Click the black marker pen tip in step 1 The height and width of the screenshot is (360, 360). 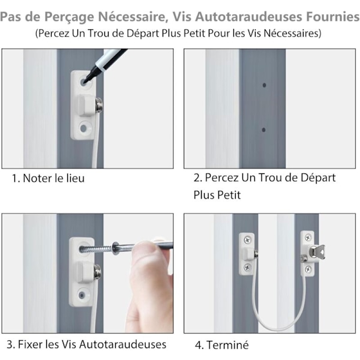coord(85,81)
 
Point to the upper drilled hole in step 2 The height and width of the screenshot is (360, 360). coord(264,85)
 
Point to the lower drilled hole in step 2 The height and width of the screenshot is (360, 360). coord(263,130)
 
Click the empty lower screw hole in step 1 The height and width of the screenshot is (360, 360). coord(83,128)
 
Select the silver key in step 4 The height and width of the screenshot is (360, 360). coord(317,251)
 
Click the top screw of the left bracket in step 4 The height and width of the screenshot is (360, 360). coord(247,240)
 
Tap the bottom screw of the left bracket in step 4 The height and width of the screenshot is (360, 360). coord(247,267)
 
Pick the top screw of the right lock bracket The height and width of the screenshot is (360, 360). coord(308,237)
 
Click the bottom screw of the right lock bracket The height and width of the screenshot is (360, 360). coord(308,269)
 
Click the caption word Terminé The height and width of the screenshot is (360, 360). coord(227,345)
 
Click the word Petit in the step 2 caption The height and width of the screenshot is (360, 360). coord(229,195)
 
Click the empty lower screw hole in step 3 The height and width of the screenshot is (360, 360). coord(82,295)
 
